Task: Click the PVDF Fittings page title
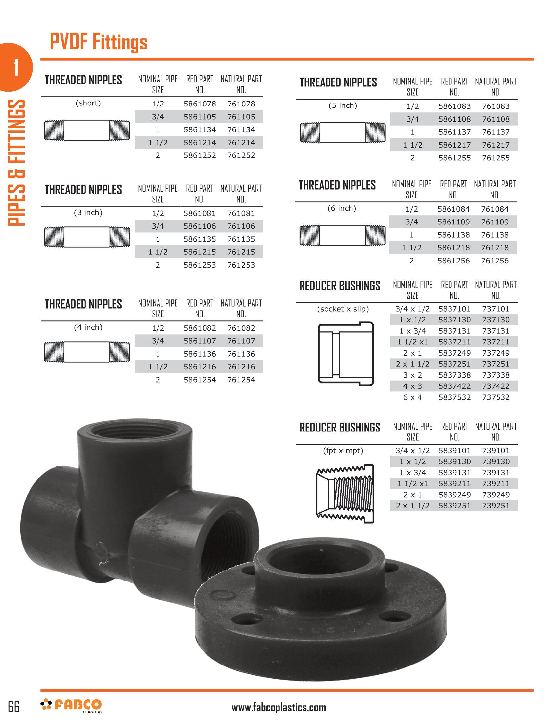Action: coord(98,42)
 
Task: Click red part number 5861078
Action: coord(200,104)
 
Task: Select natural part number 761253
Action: coord(241,265)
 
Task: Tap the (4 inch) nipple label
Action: coord(88,327)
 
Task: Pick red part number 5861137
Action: coord(454,132)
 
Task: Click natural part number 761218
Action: coord(495,247)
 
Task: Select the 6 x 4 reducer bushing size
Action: coord(412,397)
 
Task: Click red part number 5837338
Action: coord(454,375)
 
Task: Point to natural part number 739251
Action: coord(496,505)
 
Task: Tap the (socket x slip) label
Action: coord(343,309)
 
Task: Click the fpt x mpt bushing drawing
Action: coord(345,494)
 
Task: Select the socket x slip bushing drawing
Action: coord(345,354)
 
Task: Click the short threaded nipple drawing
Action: coord(87,130)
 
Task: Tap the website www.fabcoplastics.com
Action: coord(279,708)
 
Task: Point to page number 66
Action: coord(14,707)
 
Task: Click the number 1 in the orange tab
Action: coord(16,67)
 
